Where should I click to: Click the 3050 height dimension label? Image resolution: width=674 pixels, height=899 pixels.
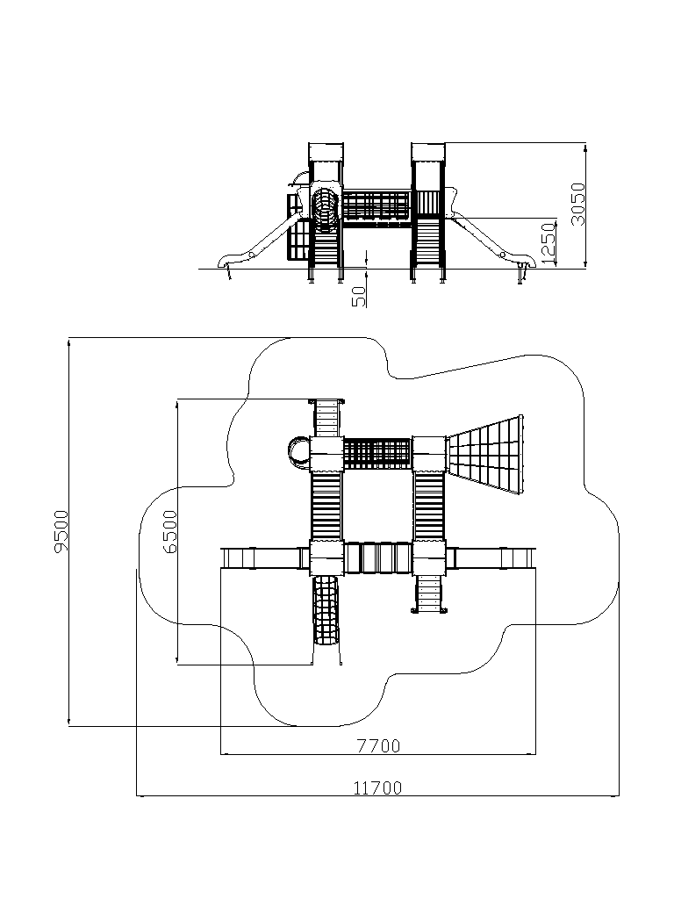coord(577,204)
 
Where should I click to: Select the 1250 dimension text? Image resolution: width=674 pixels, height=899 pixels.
coord(548,243)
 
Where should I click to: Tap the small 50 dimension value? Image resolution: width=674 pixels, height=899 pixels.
coord(358,296)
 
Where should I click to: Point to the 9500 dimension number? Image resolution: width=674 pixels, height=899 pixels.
coord(61,531)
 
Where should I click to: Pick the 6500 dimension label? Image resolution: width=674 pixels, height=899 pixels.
coord(169,531)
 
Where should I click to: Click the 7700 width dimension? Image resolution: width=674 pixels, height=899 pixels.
coord(379,746)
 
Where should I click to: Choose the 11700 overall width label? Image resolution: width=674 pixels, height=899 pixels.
coord(377,788)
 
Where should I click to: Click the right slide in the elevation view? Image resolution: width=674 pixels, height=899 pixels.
coord(494,241)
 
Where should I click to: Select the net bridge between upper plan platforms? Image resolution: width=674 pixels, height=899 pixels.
coord(377,454)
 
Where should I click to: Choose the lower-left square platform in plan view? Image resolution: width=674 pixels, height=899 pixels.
coord(326,557)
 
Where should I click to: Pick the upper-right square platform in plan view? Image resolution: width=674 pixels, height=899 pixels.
coord(428,454)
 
